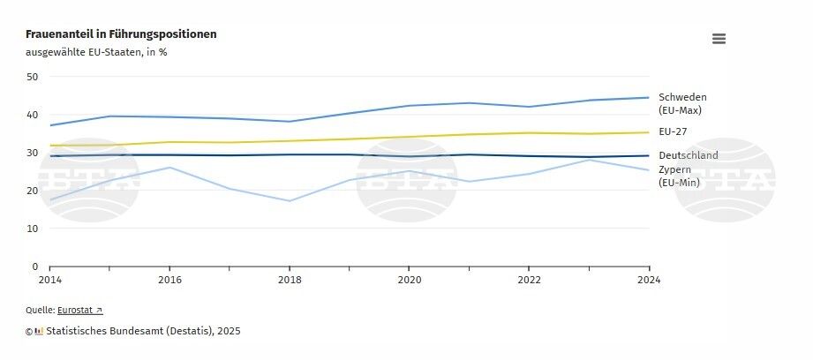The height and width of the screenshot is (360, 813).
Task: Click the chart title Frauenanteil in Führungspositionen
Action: (x=121, y=34)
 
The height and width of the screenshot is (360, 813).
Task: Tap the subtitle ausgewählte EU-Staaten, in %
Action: (x=96, y=52)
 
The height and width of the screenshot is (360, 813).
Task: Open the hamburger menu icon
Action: (x=719, y=39)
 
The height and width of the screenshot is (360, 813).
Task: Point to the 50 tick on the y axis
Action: (x=33, y=77)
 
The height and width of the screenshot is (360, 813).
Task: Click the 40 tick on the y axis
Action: (x=33, y=115)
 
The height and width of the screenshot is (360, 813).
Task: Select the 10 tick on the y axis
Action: (x=33, y=229)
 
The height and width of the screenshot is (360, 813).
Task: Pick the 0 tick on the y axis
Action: (x=35, y=266)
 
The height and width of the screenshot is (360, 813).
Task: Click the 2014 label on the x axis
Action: (x=49, y=280)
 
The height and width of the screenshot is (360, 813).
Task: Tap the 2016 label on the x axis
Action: (x=169, y=280)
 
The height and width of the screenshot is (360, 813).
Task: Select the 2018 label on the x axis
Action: (x=290, y=280)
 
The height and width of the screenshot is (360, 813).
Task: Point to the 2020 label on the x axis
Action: (x=409, y=280)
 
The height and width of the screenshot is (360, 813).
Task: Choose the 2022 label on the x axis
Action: (x=529, y=280)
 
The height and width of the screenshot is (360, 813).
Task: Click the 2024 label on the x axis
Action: (x=649, y=280)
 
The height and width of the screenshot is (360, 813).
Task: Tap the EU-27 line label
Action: (x=673, y=131)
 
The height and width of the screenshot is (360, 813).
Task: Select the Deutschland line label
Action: (x=689, y=155)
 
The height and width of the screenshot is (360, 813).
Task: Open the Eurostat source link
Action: (x=80, y=310)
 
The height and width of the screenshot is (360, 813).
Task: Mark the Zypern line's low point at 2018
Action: (x=290, y=201)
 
